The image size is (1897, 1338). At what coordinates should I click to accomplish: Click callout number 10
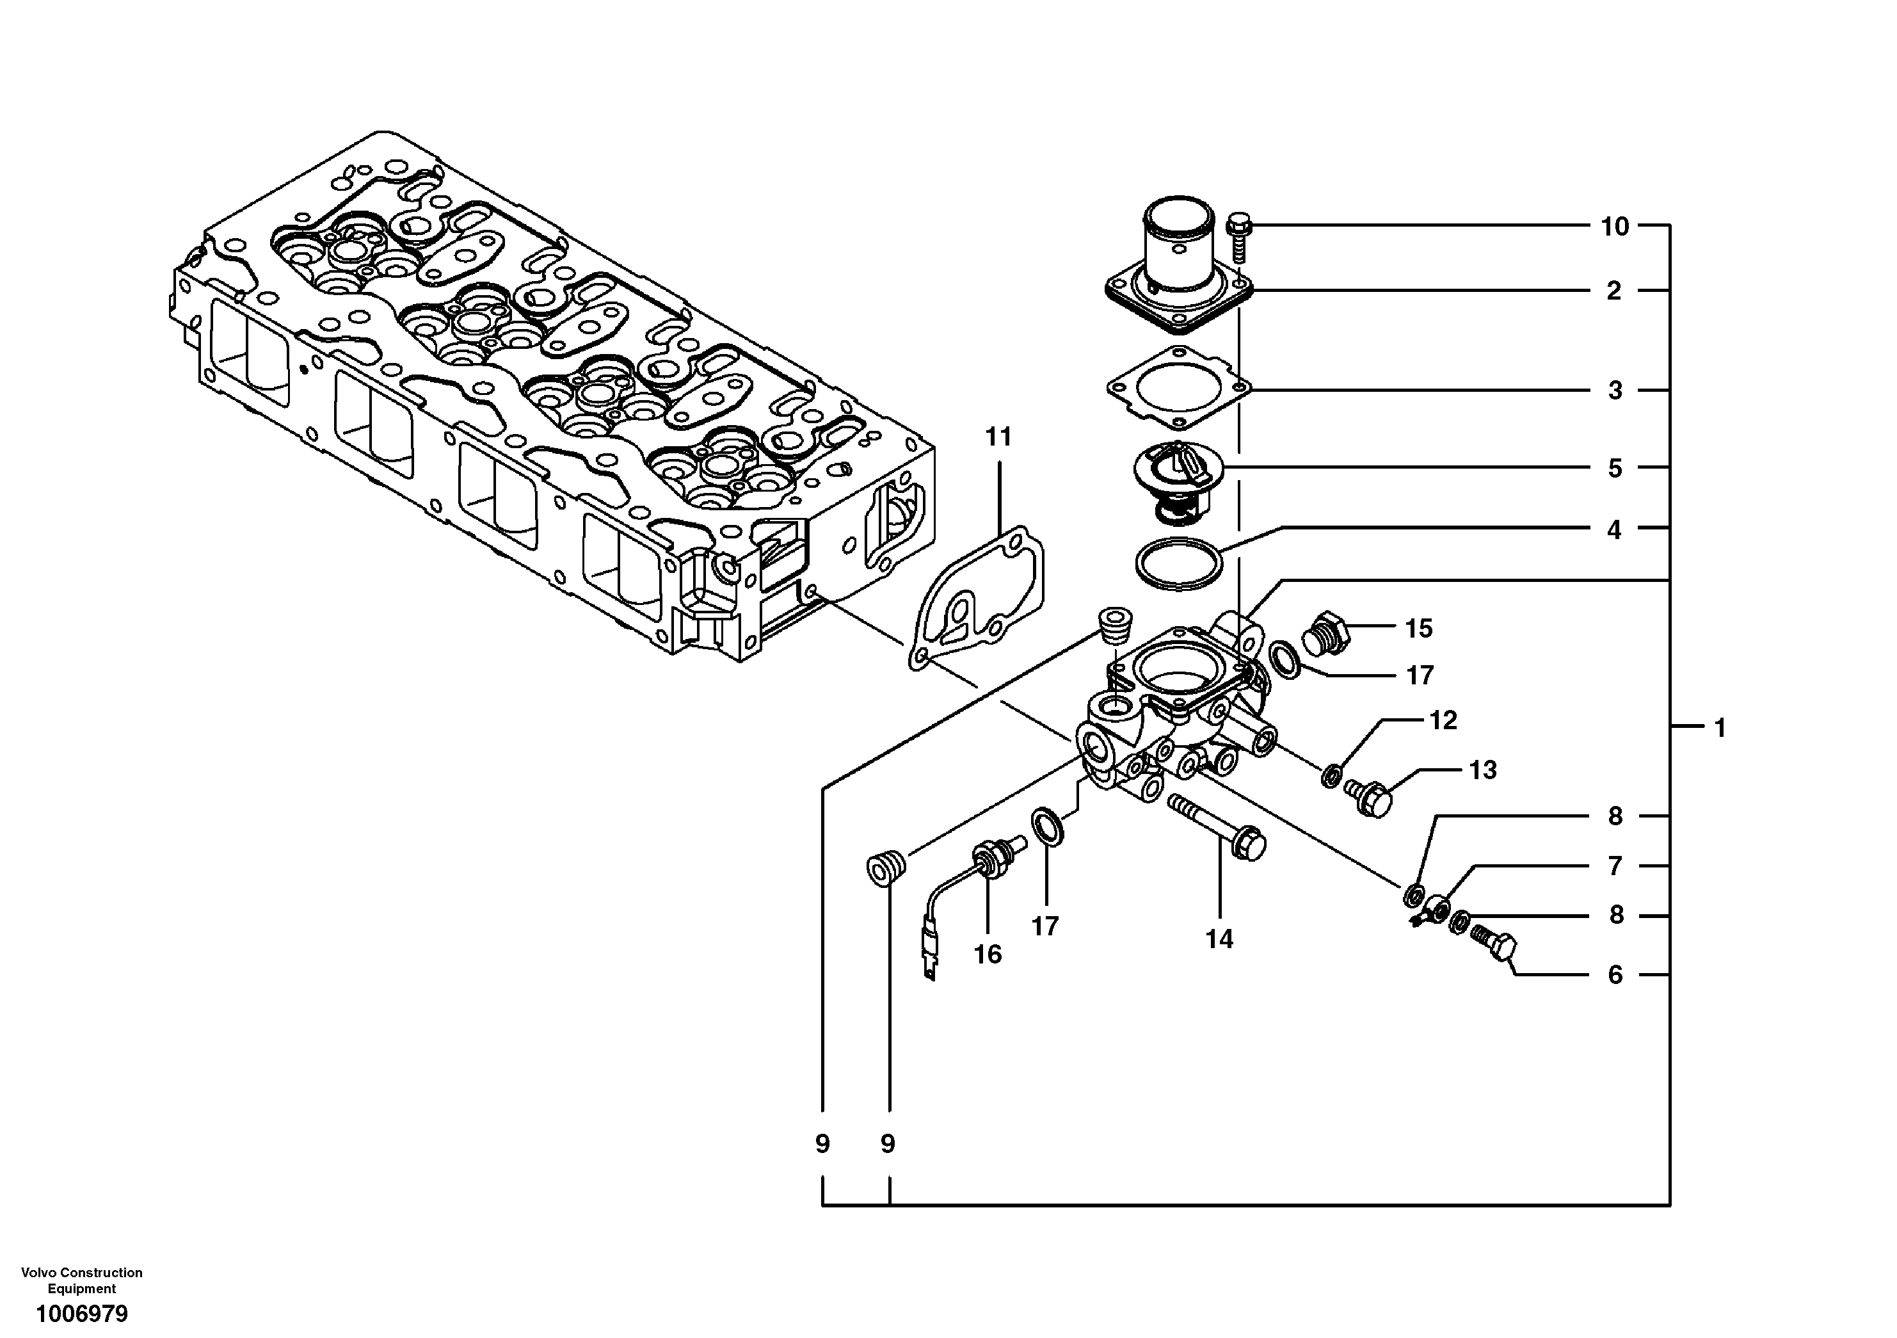coord(1614,227)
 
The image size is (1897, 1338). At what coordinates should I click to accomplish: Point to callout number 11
coord(998,437)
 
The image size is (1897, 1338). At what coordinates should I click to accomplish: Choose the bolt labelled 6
coord(1496,946)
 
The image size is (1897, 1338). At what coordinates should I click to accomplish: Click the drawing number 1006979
coord(81,1312)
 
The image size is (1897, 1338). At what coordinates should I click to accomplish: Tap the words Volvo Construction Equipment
coord(81,1280)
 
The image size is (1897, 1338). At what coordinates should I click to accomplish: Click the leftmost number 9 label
coord(822,1144)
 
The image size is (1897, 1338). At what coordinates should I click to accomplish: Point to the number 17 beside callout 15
coord(1420,675)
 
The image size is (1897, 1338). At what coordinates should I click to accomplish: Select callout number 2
coord(1613,291)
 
